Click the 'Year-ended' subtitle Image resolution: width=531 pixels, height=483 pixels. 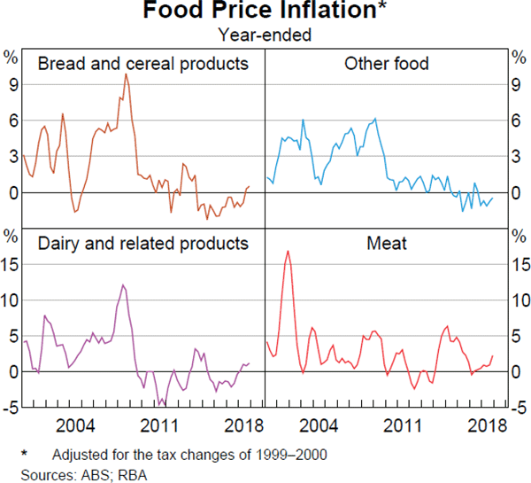tap(265, 35)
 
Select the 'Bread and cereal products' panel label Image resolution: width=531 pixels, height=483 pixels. tap(142, 64)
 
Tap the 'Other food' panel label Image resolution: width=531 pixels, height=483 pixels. tap(386, 64)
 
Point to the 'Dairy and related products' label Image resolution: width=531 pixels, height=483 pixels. tap(142, 243)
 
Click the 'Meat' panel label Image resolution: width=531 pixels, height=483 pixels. tap(386, 243)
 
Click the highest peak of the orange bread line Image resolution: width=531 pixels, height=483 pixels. tap(125, 74)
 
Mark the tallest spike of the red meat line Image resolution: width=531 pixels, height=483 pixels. tap(288, 252)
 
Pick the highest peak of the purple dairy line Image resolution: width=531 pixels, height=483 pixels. tap(123, 284)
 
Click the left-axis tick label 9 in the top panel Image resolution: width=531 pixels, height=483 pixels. tap(13, 84)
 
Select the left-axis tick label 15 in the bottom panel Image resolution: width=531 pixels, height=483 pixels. tap(10, 264)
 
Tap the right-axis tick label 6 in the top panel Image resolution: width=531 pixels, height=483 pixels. tap(518, 121)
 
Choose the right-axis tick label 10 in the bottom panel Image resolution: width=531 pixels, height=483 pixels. tap(520, 300)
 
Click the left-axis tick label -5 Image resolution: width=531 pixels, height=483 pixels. tap(10, 408)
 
